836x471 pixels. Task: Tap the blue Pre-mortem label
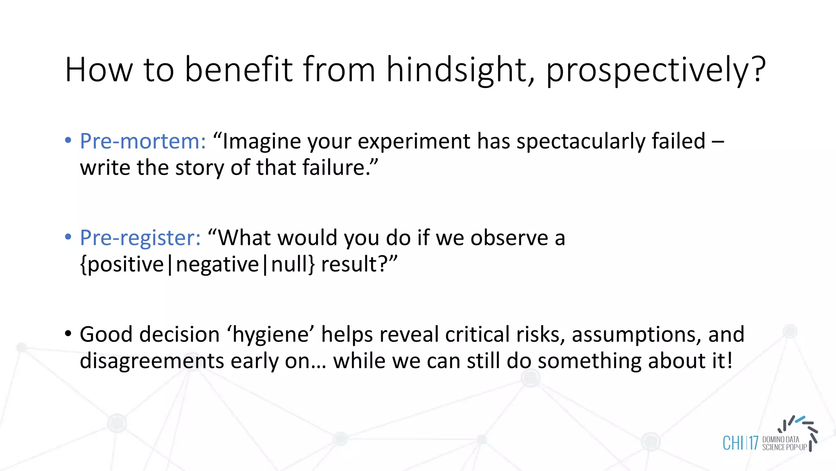pos(143,141)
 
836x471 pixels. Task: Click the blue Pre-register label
pos(140,238)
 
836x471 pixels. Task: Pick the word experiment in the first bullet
pos(414,141)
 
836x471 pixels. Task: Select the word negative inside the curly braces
pos(218,264)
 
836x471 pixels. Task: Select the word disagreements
pos(152,361)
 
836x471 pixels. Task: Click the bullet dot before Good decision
pos(68,333)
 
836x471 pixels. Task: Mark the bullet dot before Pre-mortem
pos(68,140)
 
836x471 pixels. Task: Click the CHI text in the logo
pos(733,443)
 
